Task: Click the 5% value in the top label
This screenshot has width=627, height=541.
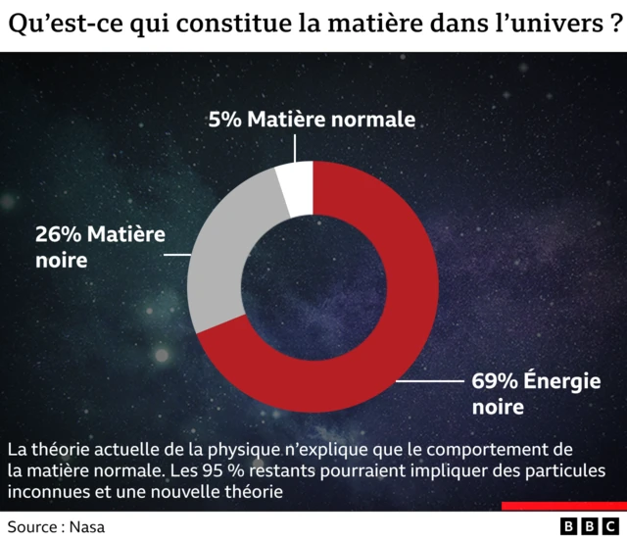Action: tap(224, 120)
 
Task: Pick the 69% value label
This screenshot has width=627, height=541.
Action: tap(492, 381)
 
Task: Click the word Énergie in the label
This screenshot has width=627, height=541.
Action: tap(562, 381)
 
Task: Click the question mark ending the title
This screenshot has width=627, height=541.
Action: tap(608, 25)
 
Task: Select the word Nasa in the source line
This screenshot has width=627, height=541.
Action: tap(86, 526)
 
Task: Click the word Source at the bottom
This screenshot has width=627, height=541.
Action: tap(34, 526)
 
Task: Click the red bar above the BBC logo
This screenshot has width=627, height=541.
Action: tap(562, 507)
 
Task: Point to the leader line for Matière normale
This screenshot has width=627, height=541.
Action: tap(295, 148)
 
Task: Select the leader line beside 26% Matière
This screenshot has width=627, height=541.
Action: tap(176, 254)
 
